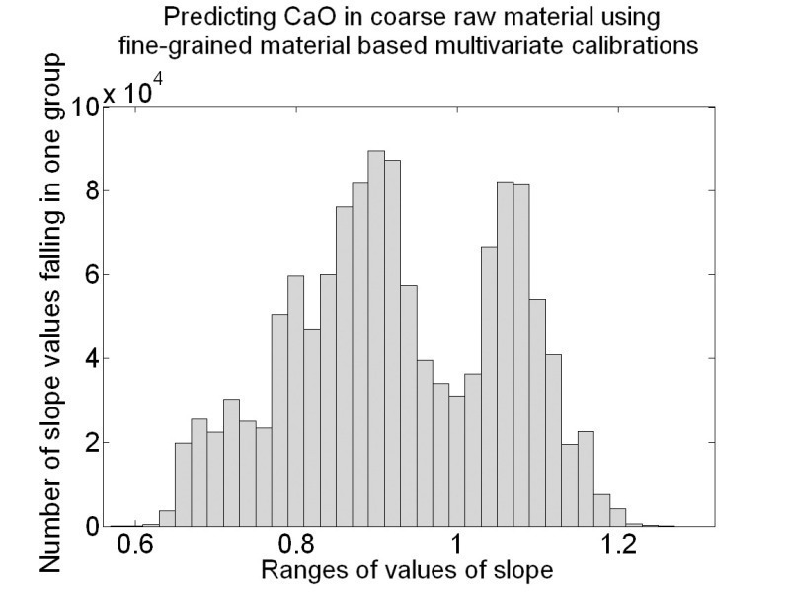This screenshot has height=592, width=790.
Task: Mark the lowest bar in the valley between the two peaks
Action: tap(456, 461)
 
